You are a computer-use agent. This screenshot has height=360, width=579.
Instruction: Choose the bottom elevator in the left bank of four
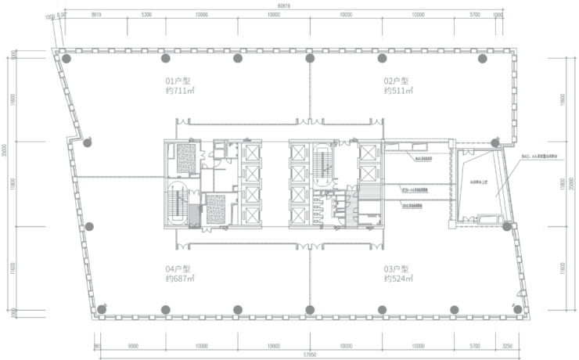pyautogui.click(x=252, y=217)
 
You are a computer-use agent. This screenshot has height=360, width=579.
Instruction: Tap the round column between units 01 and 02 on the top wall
pyautogui.click(x=310, y=59)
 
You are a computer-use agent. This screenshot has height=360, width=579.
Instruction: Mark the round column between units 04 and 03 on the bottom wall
pyautogui.click(x=311, y=308)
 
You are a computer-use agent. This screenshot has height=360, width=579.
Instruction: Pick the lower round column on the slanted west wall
pyautogui.click(x=89, y=228)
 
